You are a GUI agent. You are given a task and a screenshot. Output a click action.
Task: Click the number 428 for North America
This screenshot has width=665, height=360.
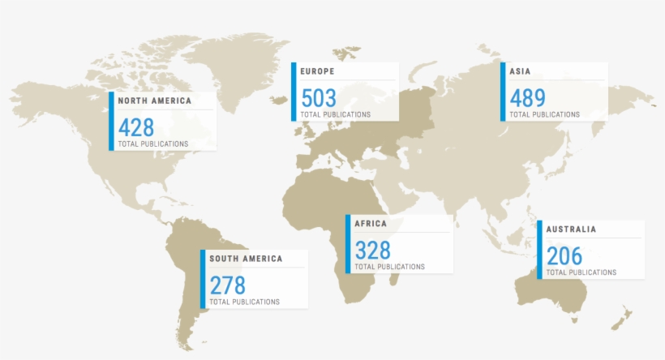136,127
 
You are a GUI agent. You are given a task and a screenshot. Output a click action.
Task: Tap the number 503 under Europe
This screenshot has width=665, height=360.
319,98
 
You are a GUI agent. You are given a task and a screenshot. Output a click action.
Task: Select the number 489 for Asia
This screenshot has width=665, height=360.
527,98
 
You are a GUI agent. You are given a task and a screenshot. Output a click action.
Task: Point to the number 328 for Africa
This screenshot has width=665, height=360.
372,250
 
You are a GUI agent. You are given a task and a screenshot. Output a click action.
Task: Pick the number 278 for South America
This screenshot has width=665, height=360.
227,285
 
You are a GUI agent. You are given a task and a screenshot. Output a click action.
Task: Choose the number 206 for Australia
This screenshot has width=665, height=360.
564,256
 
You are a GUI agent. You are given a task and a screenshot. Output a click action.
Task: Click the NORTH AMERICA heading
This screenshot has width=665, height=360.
155,101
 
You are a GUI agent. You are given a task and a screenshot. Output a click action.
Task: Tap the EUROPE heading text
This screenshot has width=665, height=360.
317,71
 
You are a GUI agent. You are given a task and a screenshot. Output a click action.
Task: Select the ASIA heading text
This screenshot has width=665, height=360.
520,71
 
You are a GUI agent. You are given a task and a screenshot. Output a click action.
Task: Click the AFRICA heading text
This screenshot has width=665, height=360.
371,224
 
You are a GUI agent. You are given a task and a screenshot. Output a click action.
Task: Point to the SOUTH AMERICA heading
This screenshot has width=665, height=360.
246,259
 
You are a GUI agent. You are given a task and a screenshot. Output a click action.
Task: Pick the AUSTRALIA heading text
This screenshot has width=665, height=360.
571,229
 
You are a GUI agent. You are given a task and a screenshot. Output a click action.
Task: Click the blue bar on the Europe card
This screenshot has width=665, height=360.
294,92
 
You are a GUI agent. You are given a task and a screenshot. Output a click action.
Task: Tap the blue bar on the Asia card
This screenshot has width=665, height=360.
502,92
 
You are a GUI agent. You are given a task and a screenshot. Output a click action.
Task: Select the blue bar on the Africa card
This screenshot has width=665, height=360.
348,244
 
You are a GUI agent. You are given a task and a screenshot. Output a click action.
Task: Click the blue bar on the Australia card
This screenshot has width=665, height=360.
539,250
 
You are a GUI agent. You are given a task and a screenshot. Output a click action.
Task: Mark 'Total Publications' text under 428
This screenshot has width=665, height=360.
153,144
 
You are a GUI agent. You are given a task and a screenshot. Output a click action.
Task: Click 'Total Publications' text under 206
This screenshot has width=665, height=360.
581,272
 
